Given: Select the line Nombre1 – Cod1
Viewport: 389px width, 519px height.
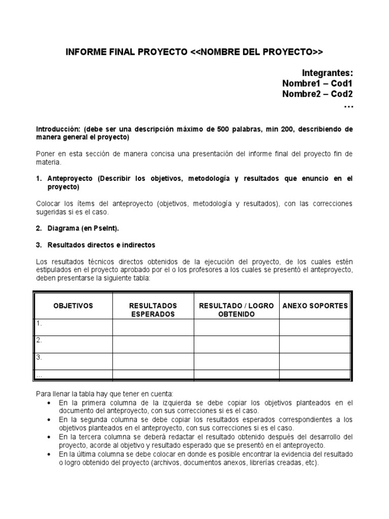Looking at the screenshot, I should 317,84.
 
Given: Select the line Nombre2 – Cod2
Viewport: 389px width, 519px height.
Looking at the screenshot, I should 317,94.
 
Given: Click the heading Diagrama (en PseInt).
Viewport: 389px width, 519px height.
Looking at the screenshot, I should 83,229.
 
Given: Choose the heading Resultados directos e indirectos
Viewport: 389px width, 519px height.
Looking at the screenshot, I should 101,245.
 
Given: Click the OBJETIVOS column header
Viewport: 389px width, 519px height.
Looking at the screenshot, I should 73,306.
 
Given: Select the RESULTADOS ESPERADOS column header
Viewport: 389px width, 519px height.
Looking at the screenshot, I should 152,310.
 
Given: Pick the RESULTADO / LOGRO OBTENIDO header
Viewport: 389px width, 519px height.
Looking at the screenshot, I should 236,310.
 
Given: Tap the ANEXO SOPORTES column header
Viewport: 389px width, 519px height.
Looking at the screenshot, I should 315,306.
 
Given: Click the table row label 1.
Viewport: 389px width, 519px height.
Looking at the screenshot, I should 38,323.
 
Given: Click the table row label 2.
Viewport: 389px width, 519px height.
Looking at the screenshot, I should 38,341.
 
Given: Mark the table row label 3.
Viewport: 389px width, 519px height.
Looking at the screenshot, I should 38,357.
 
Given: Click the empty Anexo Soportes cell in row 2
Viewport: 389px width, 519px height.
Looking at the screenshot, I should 315,344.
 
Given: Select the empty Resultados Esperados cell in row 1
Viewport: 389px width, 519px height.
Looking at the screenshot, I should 152,327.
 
